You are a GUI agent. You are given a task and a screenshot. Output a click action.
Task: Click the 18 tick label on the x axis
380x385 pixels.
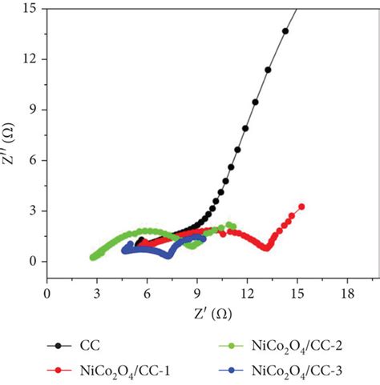pyautogui.click(x=347, y=294)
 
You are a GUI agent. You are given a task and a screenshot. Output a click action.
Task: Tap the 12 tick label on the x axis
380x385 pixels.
pyautogui.click(x=247, y=294)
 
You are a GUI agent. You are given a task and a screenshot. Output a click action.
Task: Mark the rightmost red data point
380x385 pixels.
pyautogui.click(x=301, y=207)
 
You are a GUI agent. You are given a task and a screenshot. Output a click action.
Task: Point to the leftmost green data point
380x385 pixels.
pyautogui.click(x=92, y=257)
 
